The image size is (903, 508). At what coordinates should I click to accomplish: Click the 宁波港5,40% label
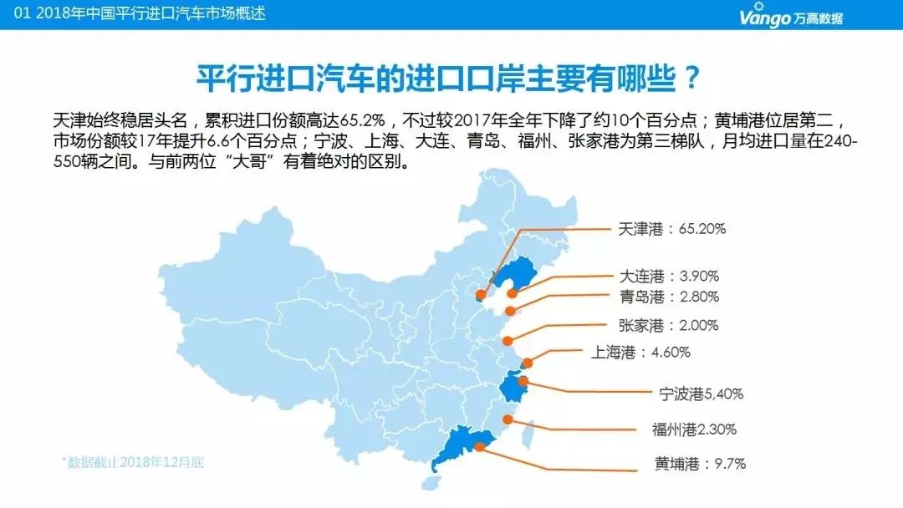pyautogui.click(x=701, y=394)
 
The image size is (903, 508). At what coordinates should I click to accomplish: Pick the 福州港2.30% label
pyautogui.click(x=694, y=430)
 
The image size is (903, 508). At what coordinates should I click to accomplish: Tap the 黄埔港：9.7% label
pyautogui.click(x=699, y=463)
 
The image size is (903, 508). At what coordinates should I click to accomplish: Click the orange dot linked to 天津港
pyautogui.click(x=480, y=294)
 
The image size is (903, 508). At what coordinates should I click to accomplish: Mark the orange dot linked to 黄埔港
pyautogui.click(x=478, y=446)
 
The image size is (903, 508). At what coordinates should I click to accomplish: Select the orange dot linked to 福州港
pyautogui.click(x=507, y=419)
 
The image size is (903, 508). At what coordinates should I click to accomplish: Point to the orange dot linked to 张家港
pyautogui.click(x=508, y=339)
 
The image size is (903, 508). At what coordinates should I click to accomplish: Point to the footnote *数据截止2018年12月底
pyautogui.click(x=132, y=461)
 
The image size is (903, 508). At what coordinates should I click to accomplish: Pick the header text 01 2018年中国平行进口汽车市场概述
pyautogui.click(x=134, y=14)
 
